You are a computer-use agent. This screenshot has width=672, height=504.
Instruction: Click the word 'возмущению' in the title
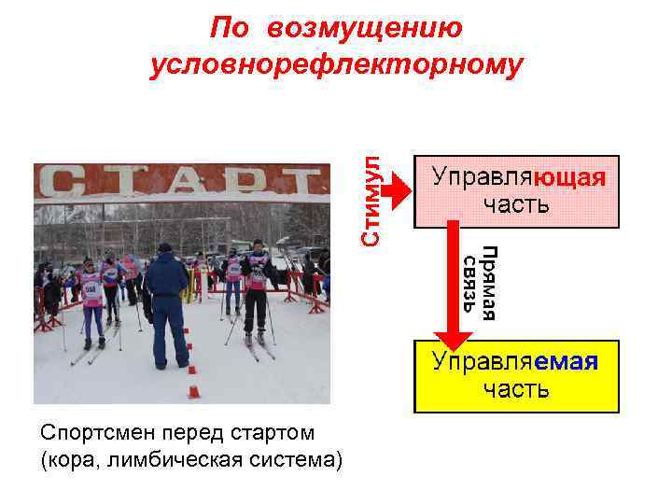point(364,27)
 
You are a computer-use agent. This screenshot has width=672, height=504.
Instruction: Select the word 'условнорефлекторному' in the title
point(337,64)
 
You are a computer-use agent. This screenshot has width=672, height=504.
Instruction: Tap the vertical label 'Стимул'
point(372,200)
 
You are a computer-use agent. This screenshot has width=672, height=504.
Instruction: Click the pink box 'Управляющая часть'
point(517,191)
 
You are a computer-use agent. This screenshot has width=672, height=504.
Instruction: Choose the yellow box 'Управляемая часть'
point(516,376)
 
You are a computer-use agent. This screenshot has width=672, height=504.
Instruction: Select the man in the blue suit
point(166,303)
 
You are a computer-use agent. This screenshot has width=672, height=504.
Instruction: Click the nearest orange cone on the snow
point(193,391)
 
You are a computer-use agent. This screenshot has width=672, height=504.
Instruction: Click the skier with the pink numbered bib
point(91,303)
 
